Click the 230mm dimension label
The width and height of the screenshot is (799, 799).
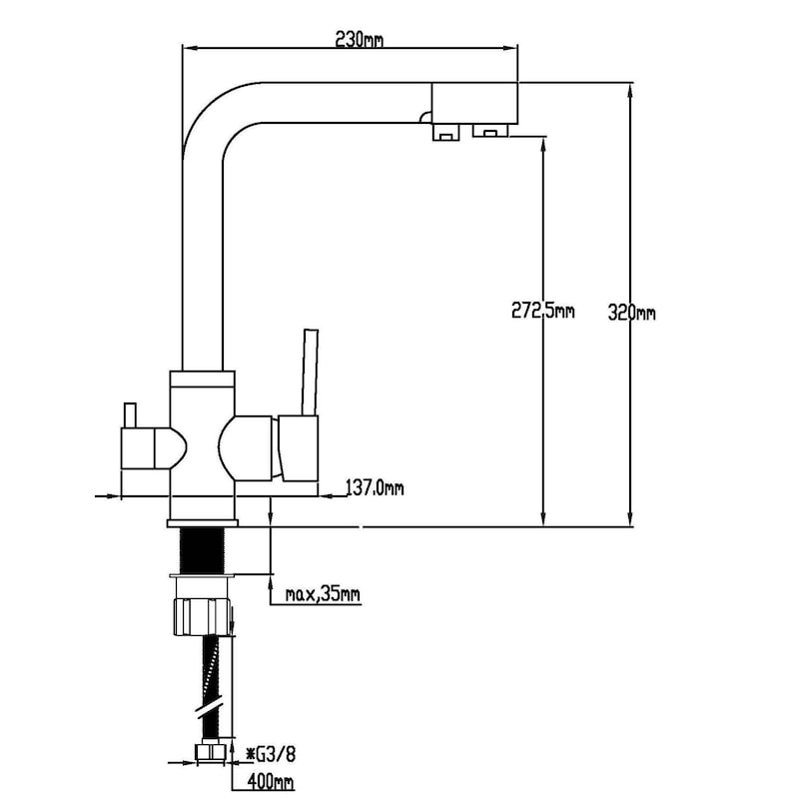click(359, 39)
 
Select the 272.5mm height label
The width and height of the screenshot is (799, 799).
click(542, 310)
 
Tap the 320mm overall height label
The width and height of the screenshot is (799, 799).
click(631, 312)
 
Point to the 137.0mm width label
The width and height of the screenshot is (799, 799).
click(376, 487)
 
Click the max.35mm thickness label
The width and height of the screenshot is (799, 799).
click(323, 593)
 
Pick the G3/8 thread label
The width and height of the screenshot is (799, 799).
click(271, 754)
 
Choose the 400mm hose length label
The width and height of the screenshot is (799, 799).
click(271, 781)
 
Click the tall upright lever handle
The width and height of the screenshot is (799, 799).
click(310, 372)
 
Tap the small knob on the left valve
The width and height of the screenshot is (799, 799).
click(130, 415)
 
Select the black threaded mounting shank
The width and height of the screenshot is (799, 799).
click(203, 550)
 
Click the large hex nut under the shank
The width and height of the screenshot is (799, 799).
click(204, 617)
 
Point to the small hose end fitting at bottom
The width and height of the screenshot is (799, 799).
click(211, 753)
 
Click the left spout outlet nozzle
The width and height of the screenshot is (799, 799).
click(445, 132)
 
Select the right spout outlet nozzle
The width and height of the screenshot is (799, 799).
click(490, 131)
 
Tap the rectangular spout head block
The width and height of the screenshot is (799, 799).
click(475, 103)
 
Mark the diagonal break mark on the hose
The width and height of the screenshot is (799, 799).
click(210, 709)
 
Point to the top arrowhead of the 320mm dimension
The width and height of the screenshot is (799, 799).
click(630, 92)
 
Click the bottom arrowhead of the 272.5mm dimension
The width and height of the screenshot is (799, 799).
click(543, 517)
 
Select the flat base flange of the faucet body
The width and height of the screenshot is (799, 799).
click(203, 523)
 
